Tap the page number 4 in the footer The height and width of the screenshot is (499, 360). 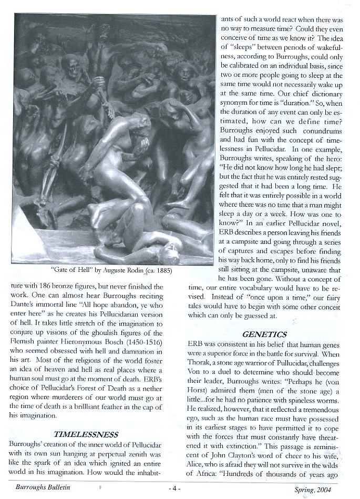point(176,487)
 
